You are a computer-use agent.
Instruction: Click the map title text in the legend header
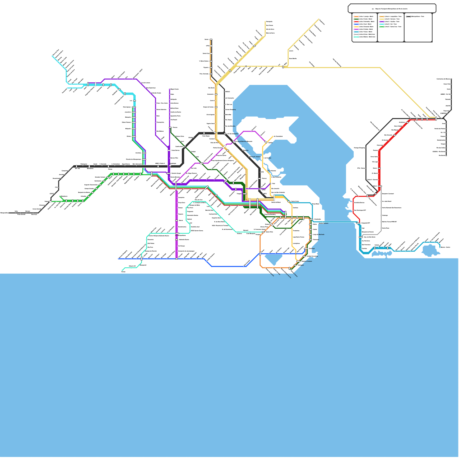tap(391, 9)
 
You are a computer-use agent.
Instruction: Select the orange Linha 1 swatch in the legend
tap(356, 17)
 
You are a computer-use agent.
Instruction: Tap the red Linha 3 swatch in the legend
tap(356, 22)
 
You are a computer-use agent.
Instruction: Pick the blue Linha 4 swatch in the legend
tap(356, 24)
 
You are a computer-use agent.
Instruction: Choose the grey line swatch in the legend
tap(356, 34)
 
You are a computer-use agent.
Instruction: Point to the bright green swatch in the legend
tap(382, 27)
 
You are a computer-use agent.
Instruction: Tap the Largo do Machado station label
tap(318, 235)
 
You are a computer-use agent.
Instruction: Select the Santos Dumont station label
tap(323, 223)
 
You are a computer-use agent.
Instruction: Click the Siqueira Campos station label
tap(306, 261)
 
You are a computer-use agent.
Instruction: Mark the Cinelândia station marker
tap(311, 219)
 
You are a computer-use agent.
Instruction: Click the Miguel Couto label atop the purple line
tap(174, 89)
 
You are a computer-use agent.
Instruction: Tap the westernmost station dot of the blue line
tap(119, 259)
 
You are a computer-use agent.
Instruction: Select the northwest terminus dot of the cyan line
tap(52, 56)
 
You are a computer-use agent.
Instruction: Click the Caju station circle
tap(270, 183)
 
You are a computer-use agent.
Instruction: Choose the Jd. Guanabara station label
tap(278, 136)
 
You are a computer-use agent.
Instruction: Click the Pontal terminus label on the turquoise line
tap(123, 272)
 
